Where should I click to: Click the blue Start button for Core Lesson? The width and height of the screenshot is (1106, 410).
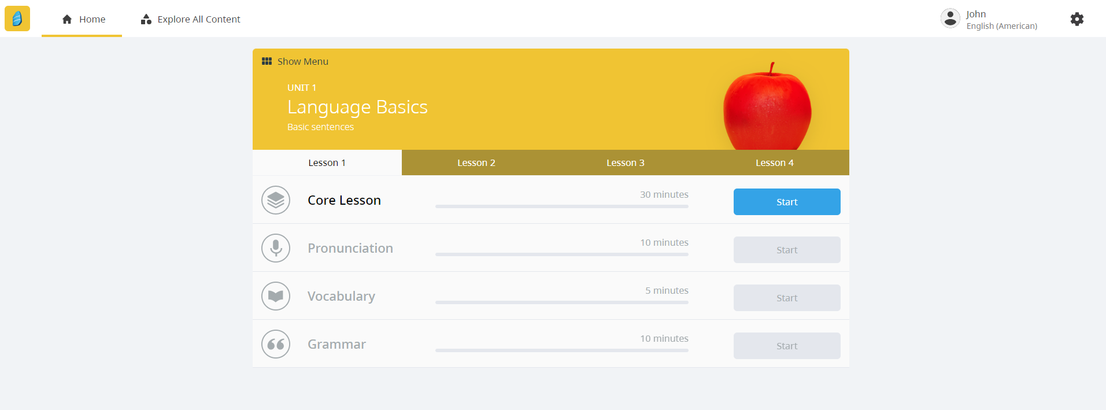(x=786, y=202)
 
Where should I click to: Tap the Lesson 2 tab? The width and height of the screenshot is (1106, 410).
(x=476, y=163)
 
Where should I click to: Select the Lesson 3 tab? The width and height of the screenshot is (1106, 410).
(x=625, y=163)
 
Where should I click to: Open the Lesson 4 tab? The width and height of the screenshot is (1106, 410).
(x=774, y=163)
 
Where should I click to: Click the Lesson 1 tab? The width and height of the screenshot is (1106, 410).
(x=327, y=163)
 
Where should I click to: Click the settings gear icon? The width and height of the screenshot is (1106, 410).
(x=1077, y=19)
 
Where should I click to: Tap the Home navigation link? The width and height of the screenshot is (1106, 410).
(x=84, y=19)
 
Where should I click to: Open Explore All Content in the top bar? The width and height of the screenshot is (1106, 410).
(x=191, y=19)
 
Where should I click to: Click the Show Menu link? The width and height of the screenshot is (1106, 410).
(x=295, y=61)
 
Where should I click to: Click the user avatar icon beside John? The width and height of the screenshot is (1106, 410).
(x=950, y=19)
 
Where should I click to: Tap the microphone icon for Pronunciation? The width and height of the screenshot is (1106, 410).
(x=276, y=248)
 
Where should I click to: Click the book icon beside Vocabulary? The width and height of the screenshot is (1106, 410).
(x=276, y=296)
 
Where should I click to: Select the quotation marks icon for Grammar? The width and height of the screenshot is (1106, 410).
(x=276, y=344)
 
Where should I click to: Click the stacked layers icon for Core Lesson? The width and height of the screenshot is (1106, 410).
(x=276, y=200)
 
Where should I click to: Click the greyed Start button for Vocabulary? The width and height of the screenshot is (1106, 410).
(x=786, y=298)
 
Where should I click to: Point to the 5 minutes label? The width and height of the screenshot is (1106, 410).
(x=667, y=290)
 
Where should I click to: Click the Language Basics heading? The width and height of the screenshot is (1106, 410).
(x=357, y=107)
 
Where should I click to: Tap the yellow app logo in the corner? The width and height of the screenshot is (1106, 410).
(x=17, y=19)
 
